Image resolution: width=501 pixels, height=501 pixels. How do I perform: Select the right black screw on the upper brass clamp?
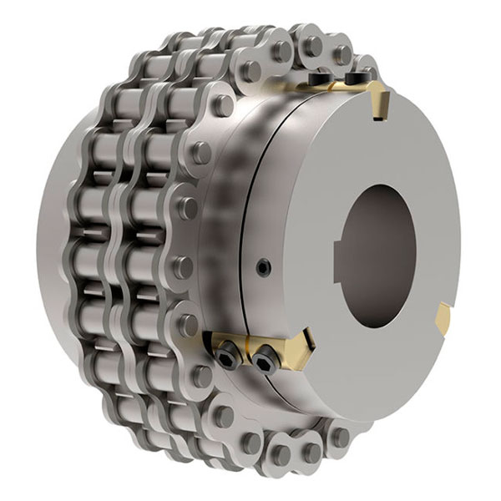coord(357,78)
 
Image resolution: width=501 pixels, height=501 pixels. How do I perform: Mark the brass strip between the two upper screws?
coord(338,84)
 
